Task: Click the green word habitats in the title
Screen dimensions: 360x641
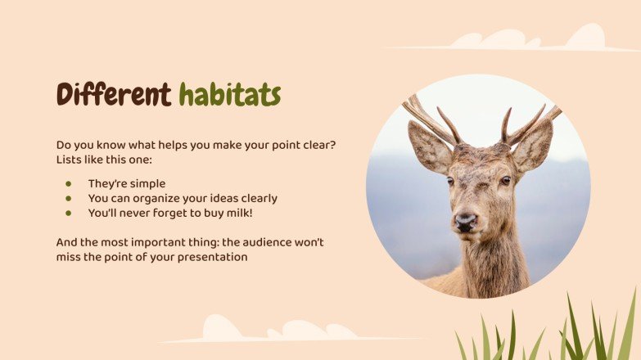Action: click(230, 95)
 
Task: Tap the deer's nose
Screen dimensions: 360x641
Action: click(466, 221)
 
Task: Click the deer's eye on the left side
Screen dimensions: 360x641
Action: click(449, 181)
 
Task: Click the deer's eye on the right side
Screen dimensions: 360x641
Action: click(505, 181)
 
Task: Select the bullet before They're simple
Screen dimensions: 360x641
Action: click(69, 184)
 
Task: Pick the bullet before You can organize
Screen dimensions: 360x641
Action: click(69, 198)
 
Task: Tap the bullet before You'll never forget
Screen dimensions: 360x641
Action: click(69, 213)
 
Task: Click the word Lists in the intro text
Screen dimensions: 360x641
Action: click(70, 159)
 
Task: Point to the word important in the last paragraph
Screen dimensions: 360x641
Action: click(169, 242)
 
